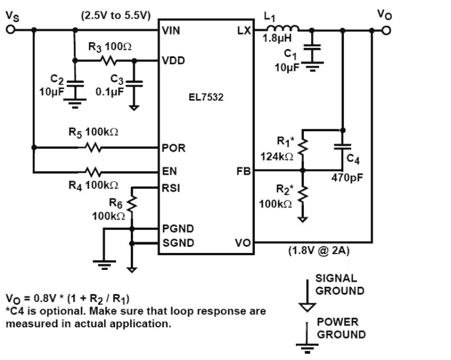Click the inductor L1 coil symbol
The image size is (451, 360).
click(282, 29)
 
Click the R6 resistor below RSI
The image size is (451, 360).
click(132, 205)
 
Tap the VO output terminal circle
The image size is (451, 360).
click(386, 31)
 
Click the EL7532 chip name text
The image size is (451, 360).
click(206, 97)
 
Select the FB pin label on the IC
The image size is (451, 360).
click(243, 172)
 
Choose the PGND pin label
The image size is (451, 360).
click(178, 229)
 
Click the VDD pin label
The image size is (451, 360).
click(173, 61)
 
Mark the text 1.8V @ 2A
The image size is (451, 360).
click(319, 251)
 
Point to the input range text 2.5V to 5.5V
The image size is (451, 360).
click(116, 16)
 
